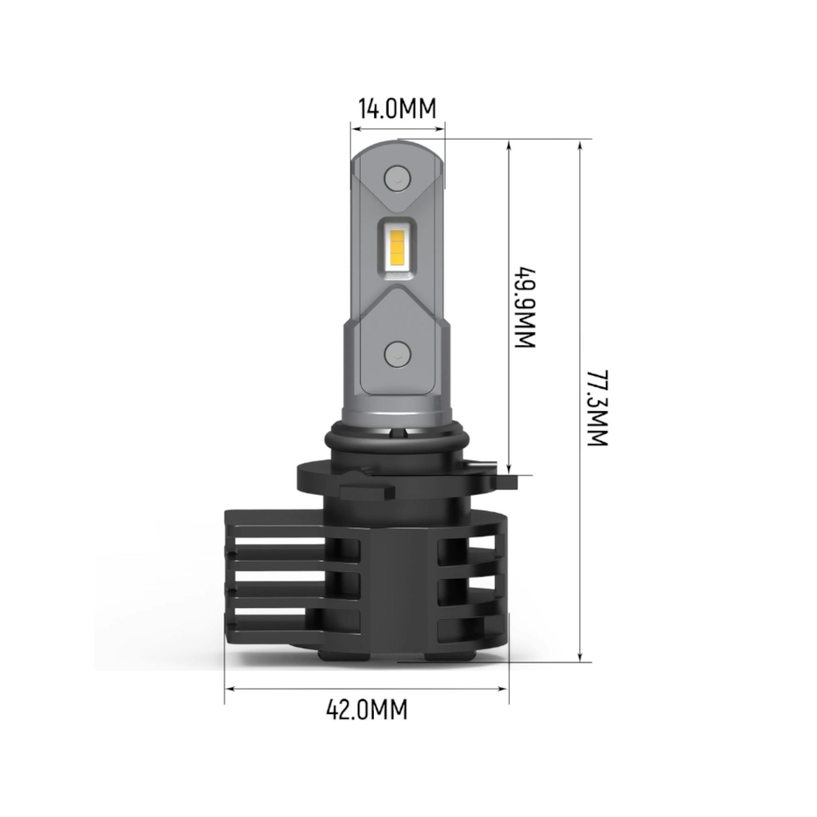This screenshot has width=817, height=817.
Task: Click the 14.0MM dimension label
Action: point(397,109)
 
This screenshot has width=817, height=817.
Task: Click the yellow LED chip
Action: point(398,251)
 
